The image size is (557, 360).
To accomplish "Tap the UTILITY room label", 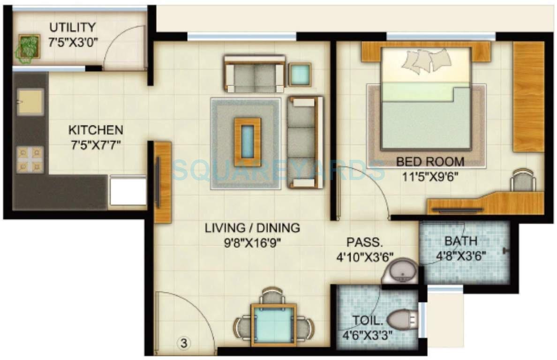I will tap(72, 27).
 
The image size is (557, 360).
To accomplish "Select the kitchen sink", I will tap(30, 101).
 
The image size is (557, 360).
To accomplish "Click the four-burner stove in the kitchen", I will tap(30, 160).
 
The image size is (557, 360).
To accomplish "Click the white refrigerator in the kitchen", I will tap(128, 191).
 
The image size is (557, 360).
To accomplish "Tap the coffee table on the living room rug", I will tap(248, 138).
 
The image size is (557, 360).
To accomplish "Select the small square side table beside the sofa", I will tap(300, 74).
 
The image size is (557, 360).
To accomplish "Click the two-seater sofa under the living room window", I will tap(255, 74).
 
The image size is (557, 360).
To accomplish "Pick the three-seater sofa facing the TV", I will tap(305, 142).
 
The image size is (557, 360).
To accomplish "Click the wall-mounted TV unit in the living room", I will tap(162, 182).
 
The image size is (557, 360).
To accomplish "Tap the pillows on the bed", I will tap(427, 61).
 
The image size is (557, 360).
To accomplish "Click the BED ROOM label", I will tap(430, 162).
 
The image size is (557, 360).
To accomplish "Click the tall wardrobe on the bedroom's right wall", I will tap(528, 97).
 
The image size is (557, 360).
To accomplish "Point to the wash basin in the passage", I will tap(401, 271).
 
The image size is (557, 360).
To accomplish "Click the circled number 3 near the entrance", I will tap(184, 343).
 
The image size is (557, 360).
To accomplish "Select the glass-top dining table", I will tap(273, 322).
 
